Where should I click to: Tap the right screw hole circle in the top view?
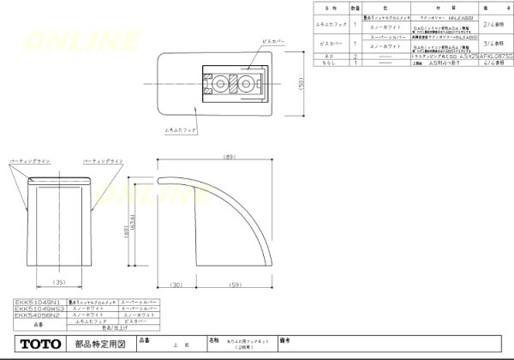coord(248,84)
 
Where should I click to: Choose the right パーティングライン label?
coord(101,160)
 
